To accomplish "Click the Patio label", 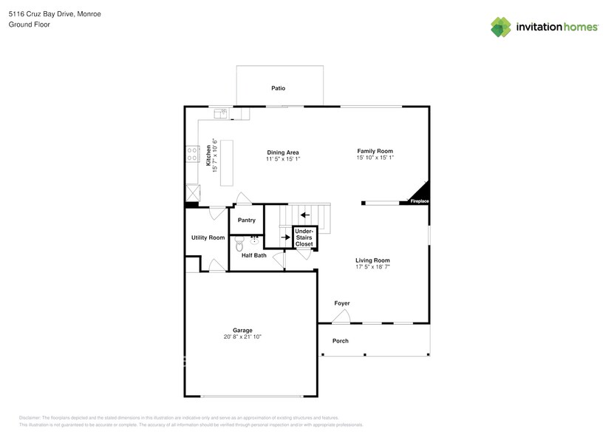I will (x=278, y=88).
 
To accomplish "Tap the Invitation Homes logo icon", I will (x=501, y=27).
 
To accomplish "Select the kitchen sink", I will (x=221, y=113).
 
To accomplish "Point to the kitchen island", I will (x=226, y=163).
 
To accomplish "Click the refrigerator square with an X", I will (x=192, y=192).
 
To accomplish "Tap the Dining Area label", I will (x=283, y=152).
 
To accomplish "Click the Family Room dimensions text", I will (x=375, y=158).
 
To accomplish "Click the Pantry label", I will (x=246, y=220).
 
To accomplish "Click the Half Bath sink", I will (x=255, y=240).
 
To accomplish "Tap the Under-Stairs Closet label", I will (x=304, y=237).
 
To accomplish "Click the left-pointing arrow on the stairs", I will (x=304, y=215).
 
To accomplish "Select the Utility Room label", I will (x=208, y=237).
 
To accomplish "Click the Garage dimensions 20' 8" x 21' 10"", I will (x=242, y=337).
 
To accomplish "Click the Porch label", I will (x=340, y=341).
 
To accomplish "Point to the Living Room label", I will (x=372, y=260).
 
